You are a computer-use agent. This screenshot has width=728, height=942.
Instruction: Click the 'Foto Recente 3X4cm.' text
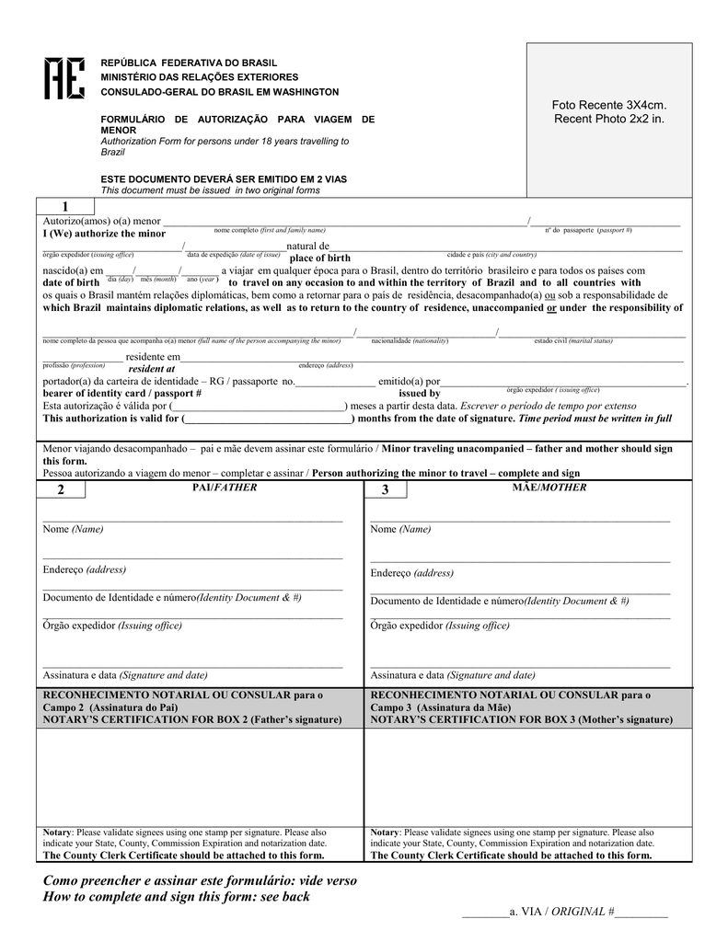click(608, 106)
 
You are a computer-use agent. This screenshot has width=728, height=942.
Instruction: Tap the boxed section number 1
click(65, 206)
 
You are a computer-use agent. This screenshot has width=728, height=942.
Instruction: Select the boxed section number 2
click(62, 490)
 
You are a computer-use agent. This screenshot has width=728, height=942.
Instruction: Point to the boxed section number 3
click(386, 490)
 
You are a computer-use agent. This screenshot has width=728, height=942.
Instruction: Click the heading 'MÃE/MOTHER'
click(549, 488)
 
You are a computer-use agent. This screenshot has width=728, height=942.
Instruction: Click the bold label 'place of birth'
click(319, 258)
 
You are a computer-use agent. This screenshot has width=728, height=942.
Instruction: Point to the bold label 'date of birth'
click(71, 282)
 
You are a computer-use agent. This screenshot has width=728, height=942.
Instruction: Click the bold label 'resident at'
click(151, 368)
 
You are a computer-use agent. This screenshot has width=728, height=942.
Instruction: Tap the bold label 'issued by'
click(419, 393)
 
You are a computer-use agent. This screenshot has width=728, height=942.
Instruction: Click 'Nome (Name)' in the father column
click(73, 529)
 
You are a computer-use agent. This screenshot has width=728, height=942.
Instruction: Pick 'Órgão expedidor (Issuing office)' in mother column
click(439, 626)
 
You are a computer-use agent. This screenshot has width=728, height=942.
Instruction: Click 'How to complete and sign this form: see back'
click(177, 897)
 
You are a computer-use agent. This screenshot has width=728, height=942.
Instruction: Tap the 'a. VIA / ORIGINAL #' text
click(561, 911)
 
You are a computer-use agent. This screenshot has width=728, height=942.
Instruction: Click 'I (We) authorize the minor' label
click(104, 234)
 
